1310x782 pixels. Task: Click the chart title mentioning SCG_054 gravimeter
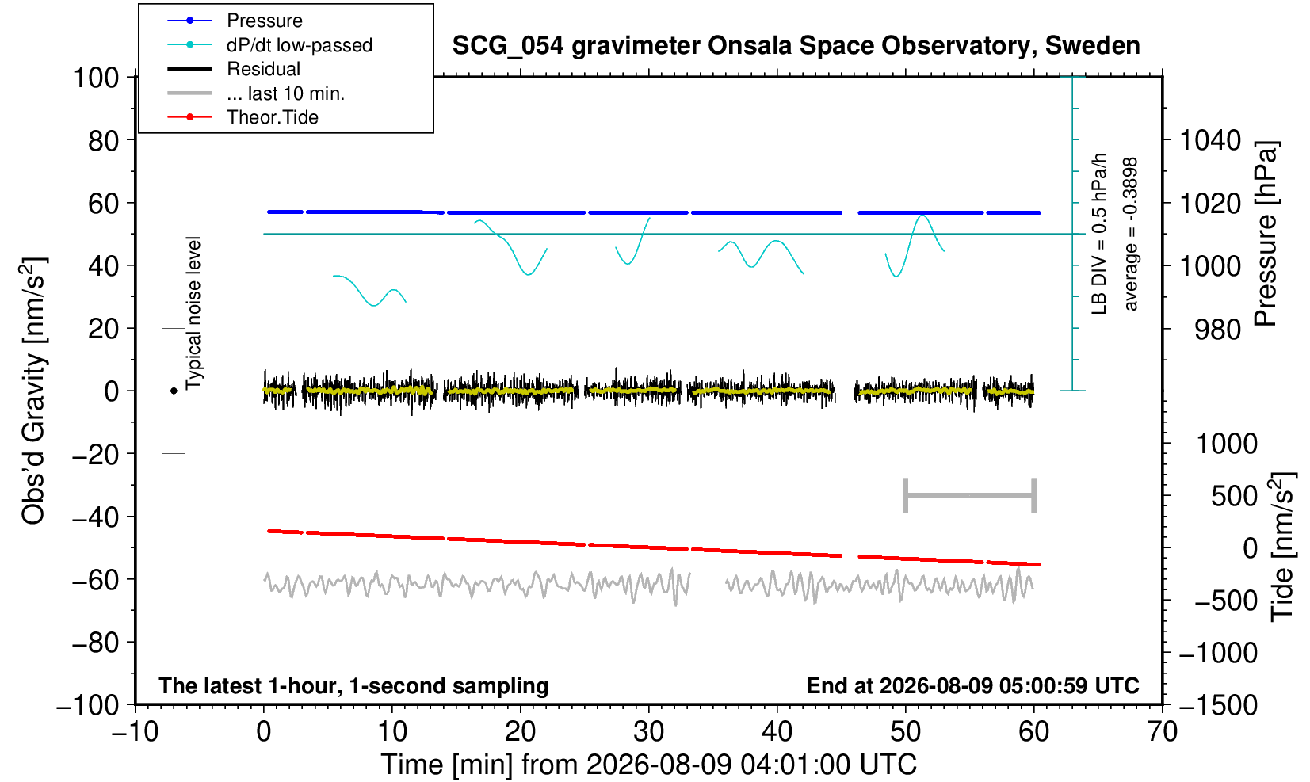[x=796, y=46]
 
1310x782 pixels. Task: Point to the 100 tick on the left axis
[x=96, y=78]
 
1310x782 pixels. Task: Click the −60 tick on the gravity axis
[x=96, y=580]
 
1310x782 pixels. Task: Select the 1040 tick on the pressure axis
[x=1210, y=140]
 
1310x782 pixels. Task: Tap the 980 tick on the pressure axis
[x=1217, y=330]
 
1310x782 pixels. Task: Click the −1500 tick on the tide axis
[x=1217, y=705]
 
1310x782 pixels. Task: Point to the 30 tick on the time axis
[x=648, y=731]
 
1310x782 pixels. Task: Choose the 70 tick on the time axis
[x=1162, y=731]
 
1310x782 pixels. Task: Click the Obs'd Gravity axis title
[x=32, y=391]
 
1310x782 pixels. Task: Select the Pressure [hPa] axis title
[x=1266, y=234]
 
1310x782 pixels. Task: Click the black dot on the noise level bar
[x=174, y=391]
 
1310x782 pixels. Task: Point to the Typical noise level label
[x=193, y=314]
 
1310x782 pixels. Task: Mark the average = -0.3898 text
[x=1130, y=234]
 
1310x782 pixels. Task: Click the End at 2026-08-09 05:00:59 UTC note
[x=972, y=685]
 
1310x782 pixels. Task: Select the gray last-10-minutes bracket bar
[x=970, y=495]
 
